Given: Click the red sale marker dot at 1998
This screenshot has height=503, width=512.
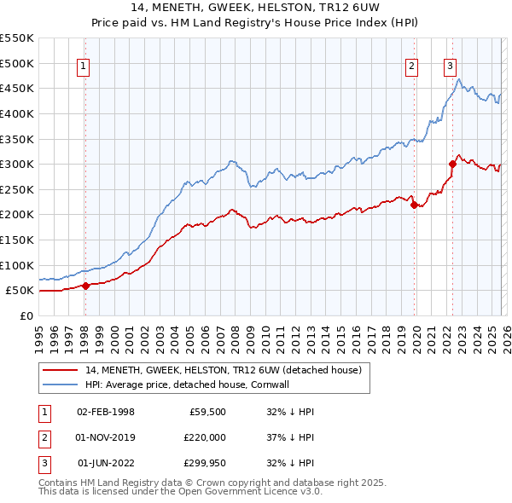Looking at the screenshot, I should [85, 286].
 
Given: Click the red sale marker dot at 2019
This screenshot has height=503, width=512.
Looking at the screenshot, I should [414, 205].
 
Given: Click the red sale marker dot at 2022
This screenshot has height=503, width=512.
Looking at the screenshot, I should [452, 164].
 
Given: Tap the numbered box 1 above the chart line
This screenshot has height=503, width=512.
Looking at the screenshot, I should [84, 67].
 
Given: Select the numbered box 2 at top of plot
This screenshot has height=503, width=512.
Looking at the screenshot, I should [411, 67].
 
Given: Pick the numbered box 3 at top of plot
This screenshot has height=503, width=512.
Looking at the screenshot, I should [450, 67].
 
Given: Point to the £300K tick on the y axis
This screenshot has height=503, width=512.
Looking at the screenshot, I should [17, 164].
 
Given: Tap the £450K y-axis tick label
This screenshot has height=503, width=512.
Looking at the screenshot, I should [17, 88].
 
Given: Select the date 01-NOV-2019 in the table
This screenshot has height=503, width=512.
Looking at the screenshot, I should [106, 437].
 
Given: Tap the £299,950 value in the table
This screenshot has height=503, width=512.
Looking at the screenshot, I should [202, 463].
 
